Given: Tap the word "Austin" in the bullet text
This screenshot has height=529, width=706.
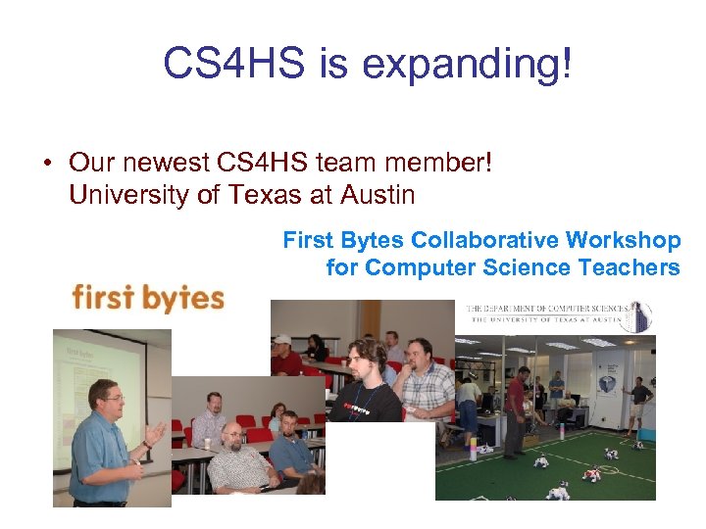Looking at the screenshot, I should click(378, 195).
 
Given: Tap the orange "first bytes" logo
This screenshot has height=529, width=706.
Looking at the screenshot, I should click(148, 296).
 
